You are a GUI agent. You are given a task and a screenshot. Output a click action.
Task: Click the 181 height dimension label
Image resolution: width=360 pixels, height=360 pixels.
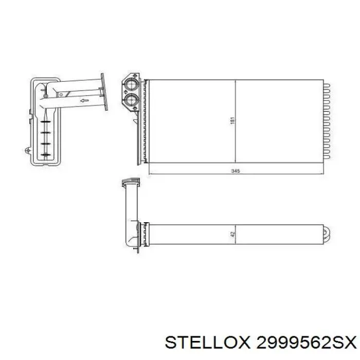[232, 121]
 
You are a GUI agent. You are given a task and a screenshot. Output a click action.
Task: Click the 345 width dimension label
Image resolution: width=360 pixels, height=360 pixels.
[236, 171]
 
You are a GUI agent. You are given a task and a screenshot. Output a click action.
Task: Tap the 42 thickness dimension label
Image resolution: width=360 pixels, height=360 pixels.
[232, 235]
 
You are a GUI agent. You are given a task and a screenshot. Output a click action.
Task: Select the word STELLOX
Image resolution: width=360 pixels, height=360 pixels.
[208, 343]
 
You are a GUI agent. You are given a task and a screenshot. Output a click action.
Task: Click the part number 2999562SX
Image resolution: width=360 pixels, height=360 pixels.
[307, 343]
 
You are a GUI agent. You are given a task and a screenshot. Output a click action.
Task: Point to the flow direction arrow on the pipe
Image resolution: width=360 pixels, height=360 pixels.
[84, 100]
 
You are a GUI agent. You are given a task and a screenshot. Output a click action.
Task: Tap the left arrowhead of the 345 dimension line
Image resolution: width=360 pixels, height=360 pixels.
[151, 174]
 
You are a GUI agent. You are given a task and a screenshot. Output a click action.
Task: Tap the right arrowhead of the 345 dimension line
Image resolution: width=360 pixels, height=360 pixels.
[321, 174]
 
